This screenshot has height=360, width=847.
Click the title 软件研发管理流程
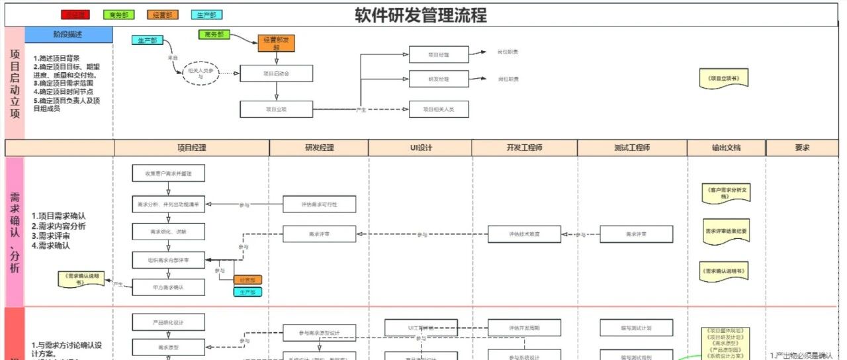pyautogui.click(x=421, y=15)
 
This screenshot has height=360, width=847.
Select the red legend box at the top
pyautogui.click(x=75, y=15)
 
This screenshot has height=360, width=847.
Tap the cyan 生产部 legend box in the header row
pyautogui.click(x=206, y=15)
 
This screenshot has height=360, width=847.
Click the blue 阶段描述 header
pyautogui.click(x=69, y=34)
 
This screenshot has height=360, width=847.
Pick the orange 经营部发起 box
pyautogui.click(x=276, y=44)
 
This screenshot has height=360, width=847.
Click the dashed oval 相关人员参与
pyautogui.click(x=201, y=73)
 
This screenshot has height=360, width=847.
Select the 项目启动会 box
pyautogui.click(x=276, y=73)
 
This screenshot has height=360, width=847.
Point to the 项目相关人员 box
pyautogui.click(x=438, y=109)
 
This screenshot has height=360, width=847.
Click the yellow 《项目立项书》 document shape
pyautogui.click(x=724, y=79)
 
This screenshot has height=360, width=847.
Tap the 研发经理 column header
pyautogui.click(x=319, y=148)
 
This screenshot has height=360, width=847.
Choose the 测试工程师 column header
pyautogui.click(x=632, y=148)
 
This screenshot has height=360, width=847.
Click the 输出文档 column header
pyautogui.click(x=727, y=148)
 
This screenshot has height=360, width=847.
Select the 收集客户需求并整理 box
pyautogui.click(x=168, y=173)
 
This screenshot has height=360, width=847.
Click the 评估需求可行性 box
pyautogui.click(x=320, y=204)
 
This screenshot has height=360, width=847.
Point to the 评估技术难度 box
pyautogui.click(x=525, y=234)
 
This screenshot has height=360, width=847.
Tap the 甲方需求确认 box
pyautogui.click(x=168, y=287)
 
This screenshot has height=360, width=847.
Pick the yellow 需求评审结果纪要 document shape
pyautogui.click(x=726, y=232)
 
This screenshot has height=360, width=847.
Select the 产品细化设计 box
pyautogui.click(x=168, y=322)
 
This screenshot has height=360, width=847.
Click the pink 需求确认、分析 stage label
pyautogui.click(x=15, y=232)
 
